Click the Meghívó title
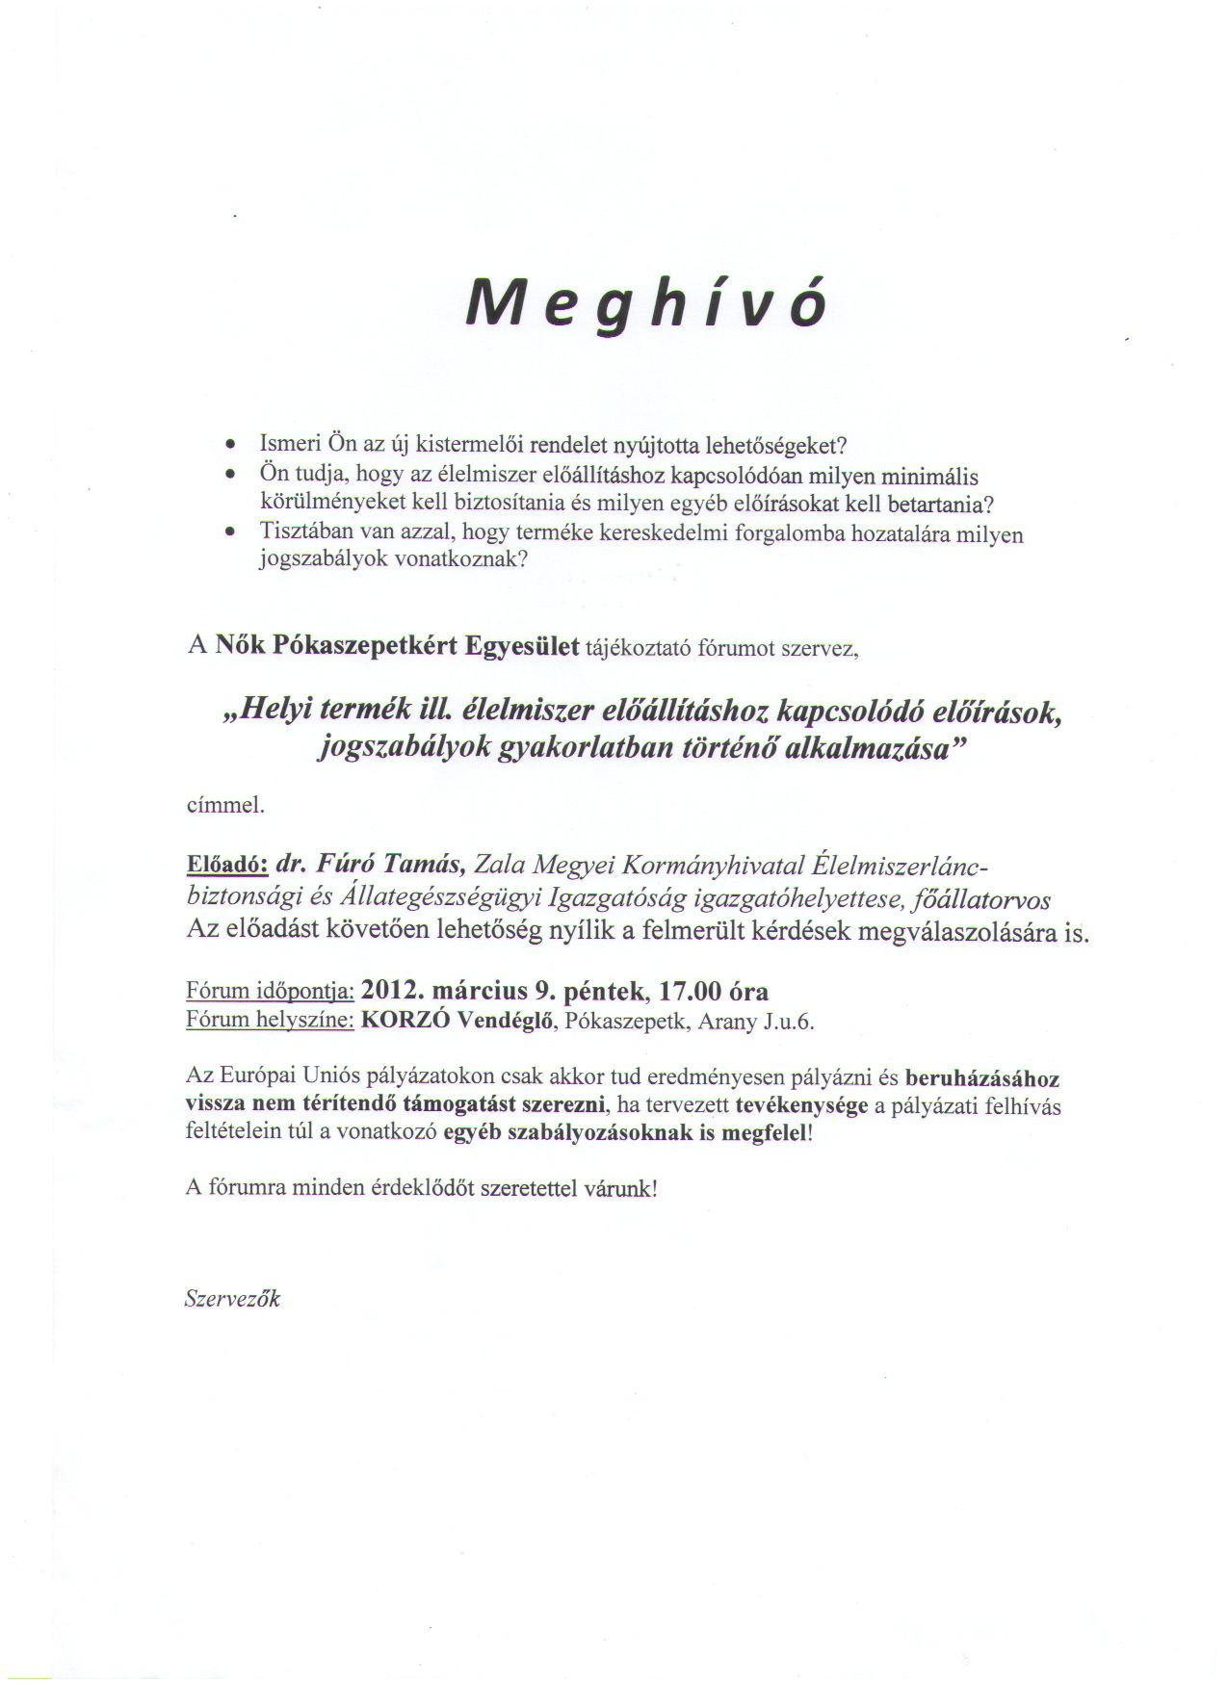[x=646, y=305]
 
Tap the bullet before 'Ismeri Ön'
[x=229, y=446]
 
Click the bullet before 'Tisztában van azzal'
[x=229, y=531]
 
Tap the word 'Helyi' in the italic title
[x=277, y=713]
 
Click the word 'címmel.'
[x=224, y=805]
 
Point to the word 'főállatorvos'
[x=989, y=900]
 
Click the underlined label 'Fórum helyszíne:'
[x=270, y=1022]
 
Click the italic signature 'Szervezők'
[x=232, y=1299]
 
